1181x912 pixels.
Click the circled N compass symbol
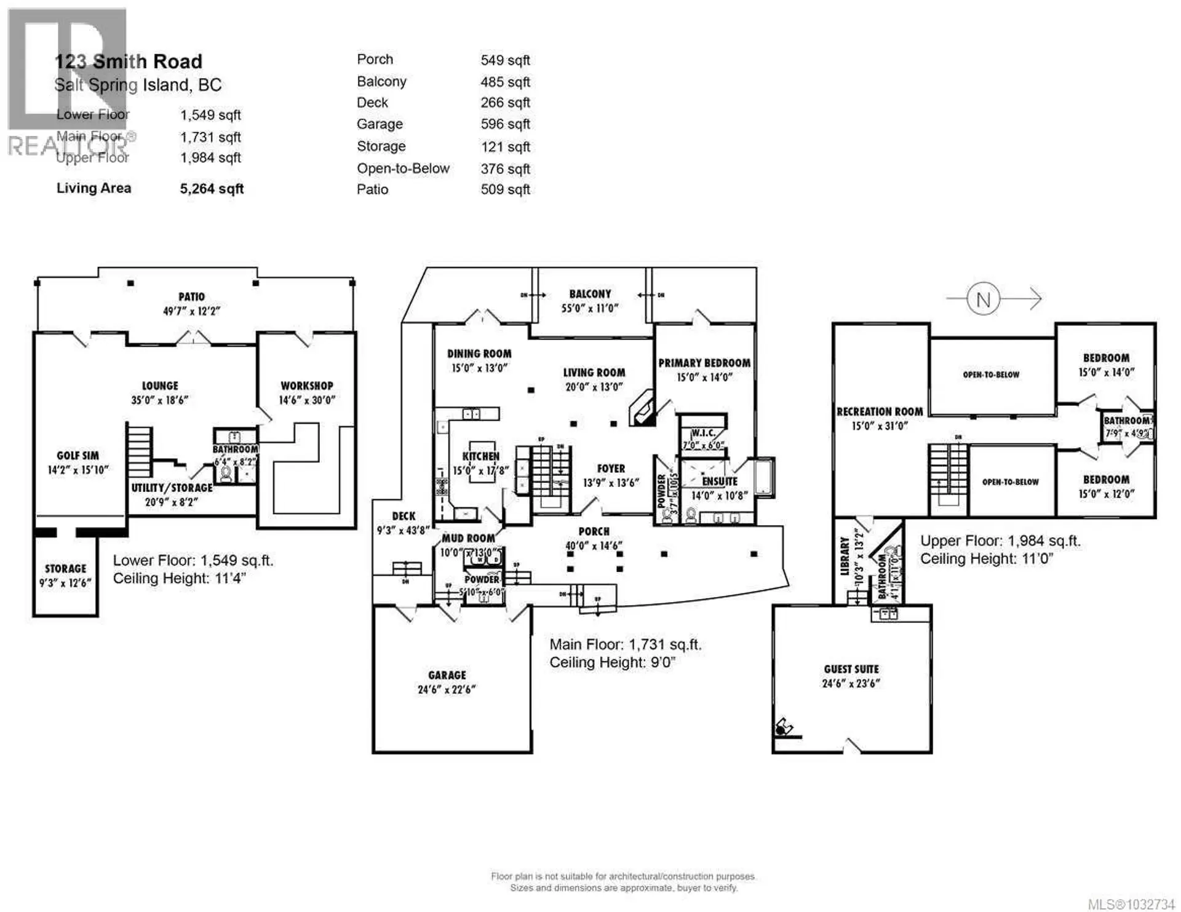point(983,299)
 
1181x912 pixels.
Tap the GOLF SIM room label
point(78,456)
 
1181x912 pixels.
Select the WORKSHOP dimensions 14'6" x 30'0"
point(307,400)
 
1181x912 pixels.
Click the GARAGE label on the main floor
point(447,675)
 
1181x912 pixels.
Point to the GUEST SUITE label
point(851,669)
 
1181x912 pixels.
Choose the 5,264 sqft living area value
point(212,189)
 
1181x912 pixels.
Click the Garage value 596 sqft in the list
point(505,124)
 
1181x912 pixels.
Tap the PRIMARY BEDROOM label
point(704,363)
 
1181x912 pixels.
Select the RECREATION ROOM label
point(880,411)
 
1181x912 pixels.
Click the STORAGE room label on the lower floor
point(65,569)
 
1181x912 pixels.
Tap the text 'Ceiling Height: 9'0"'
point(612,662)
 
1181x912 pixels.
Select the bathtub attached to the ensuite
point(765,477)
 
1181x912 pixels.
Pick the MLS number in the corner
point(1131,905)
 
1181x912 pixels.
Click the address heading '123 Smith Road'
point(128,61)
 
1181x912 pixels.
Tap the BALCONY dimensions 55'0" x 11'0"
point(590,309)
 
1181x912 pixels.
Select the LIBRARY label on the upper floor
point(845,557)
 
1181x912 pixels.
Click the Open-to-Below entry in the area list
point(403,169)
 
